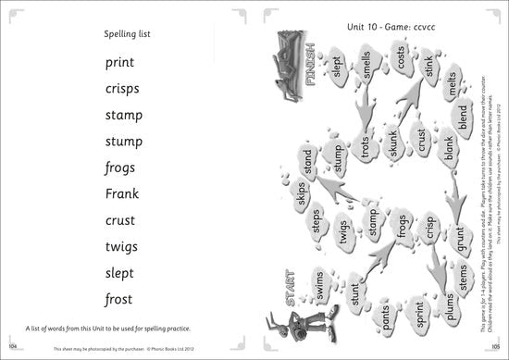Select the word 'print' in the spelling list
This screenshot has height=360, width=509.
[120, 64]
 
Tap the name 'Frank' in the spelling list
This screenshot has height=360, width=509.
[121, 194]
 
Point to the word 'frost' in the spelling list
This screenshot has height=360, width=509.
[119, 299]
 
